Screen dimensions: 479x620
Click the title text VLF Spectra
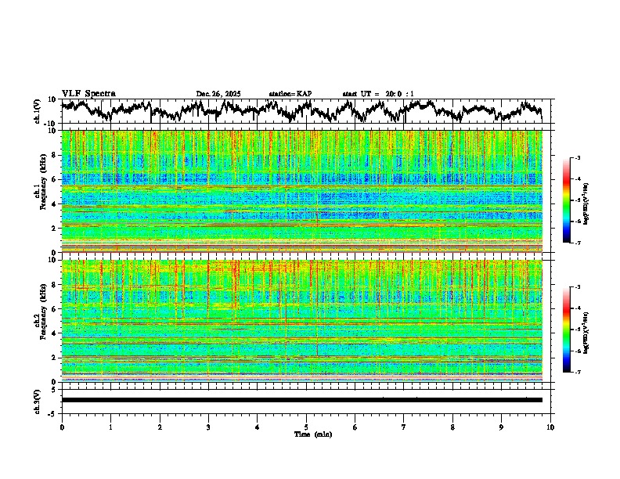coord(88,94)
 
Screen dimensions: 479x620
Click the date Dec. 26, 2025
coord(218,94)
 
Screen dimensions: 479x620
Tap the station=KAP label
coord(290,94)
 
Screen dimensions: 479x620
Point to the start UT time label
coord(378,94)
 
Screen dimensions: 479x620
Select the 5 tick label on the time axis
coord(306,427)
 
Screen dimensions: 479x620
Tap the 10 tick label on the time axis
coord(550,427)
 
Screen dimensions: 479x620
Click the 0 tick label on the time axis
coord(62,427)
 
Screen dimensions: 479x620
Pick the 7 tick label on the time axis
coord(404,427)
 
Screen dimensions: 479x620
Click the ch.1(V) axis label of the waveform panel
coord(38,111)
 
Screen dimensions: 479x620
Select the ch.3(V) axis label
coord(38,399)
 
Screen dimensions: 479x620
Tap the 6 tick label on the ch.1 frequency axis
coord(55,179)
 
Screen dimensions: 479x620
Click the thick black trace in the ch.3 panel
coord(301,400)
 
